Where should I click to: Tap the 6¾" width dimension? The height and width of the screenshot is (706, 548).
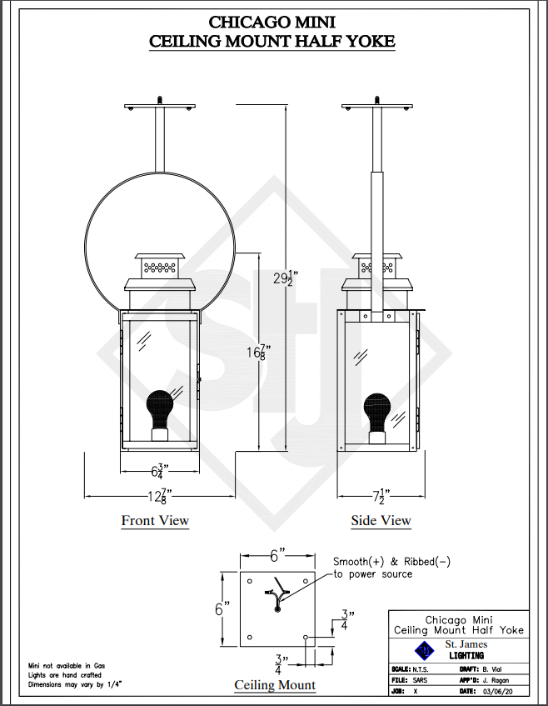pos(160,472)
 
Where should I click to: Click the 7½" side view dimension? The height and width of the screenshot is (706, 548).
pos(381,496)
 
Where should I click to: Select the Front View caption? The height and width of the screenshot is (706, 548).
pos(155,520)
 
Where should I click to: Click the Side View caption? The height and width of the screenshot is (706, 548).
pos(381,520)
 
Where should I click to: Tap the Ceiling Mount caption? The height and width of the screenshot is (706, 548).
pos(275,685)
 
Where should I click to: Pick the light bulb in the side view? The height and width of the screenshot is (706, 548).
pos(377,413)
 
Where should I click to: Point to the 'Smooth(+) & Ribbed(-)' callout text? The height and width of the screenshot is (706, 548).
pos(391,562)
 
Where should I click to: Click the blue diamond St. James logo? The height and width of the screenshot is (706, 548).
pos(424,651)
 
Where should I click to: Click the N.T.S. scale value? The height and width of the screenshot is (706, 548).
pos(421,669)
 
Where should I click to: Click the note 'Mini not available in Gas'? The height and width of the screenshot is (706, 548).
pos(67,665)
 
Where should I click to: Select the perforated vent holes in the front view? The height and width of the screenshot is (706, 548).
pos(160,268)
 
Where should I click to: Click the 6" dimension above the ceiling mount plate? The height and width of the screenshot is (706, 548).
pos(277,556)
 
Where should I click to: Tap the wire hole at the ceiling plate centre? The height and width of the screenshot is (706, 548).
pos(277,609)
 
